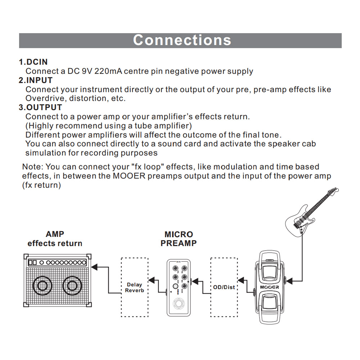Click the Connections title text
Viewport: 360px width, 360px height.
[182, 40]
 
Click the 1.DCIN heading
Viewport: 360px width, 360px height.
[33, 62]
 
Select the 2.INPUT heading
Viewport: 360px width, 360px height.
[36, 80]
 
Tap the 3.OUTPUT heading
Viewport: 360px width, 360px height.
[40, 107]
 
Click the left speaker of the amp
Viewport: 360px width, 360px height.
[42, 287]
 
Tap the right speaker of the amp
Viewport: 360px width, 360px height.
[72, 287]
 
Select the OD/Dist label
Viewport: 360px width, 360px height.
[224, 287]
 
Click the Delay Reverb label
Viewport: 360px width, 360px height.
[135, 288]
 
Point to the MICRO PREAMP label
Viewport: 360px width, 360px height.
[179, 239]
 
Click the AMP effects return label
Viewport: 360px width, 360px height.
[55, 239]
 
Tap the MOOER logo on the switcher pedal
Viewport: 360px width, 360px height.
[269, 287]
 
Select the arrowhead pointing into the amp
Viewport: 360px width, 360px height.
[95, 267]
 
